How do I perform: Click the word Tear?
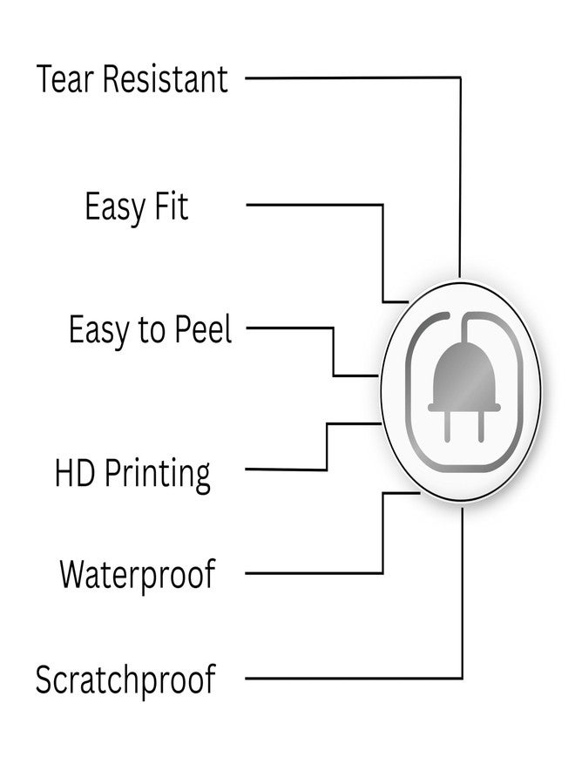tap(65, 79)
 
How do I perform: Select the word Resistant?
tap(166, 79)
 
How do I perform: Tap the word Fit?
tap(171, 206)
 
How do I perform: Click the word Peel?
tap(204, 329)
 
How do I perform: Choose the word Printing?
tap(157, 476)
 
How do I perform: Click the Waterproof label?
tap(138, 575)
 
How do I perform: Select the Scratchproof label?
tap(125, 680)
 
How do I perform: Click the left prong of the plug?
tap(448, 426)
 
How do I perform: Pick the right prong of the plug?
tap(481, 426)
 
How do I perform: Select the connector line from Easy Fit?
tap(382, 205)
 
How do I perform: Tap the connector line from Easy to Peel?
tap(334, 328)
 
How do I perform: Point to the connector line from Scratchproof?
tap(462, 678)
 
